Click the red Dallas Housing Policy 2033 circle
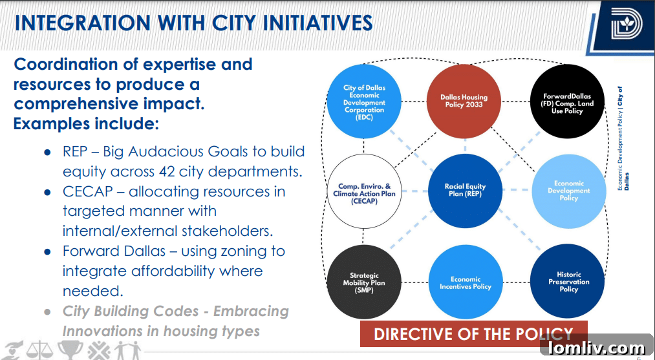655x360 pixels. [x=464, y=101]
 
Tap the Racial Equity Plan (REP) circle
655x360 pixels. [x=465, y=191]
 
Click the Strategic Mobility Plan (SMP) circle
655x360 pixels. [x=364, y=282]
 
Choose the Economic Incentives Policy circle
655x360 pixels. [x=465, y=282]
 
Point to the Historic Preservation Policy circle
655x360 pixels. [x=568, y=282]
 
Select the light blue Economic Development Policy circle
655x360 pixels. [x=568, y=191]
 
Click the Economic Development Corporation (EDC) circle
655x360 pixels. [x=364, y=101]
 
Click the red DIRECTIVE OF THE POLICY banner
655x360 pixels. [x=473, y=334]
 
